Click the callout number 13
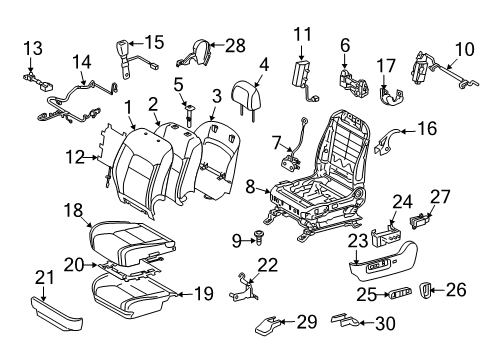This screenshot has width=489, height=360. (33, 47)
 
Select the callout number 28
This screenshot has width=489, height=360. (234, 46)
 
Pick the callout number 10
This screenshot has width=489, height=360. (464, 47)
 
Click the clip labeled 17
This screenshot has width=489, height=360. (389, 95)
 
